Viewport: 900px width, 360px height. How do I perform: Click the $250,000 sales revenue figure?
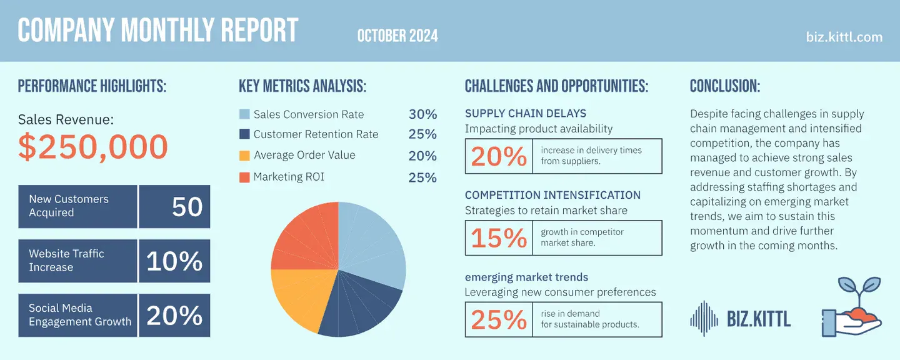coord(93,146)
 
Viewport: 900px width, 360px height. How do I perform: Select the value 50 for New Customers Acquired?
coord(187,206)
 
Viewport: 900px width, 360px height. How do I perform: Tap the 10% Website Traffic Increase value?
coord(174,261)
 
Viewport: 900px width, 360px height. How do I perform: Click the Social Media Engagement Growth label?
coord(79,315)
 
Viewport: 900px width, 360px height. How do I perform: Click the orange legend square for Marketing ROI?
coord(244,177)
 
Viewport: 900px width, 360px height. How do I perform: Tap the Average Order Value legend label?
coord(304,155)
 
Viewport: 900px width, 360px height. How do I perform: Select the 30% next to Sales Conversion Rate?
coord(422,114)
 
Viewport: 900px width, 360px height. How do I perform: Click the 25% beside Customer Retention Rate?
coord(422,134)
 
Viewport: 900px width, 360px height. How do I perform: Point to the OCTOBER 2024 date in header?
coord(397,36)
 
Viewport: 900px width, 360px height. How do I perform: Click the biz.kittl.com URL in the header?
coord(844,37)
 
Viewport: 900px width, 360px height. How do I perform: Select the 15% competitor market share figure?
coord(499,237)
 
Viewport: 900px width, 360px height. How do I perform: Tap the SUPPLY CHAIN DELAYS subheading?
coord(525,113)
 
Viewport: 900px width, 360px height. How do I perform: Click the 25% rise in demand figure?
coord(499,319)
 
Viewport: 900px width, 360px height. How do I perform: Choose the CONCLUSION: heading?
coord(725,86)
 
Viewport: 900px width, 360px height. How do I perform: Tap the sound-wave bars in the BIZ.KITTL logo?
coord(704,319)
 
